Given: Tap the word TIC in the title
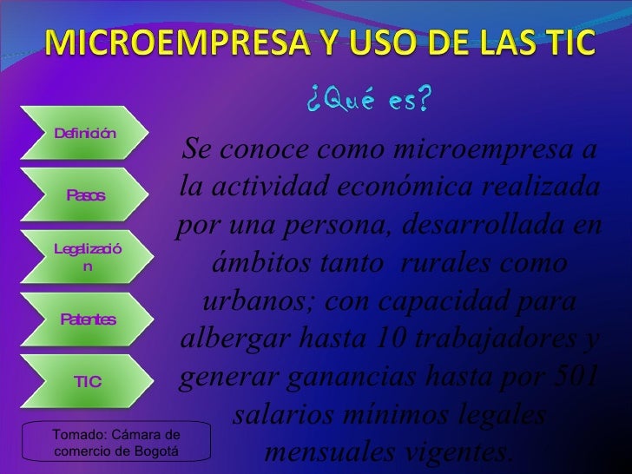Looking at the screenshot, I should coord(567,42).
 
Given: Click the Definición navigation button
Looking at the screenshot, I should coord(85,133).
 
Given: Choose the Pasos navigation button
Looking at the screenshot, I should coord(85,195).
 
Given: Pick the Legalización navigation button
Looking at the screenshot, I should coord(86,258).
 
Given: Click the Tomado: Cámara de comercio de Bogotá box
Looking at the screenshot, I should coord(116,442).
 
